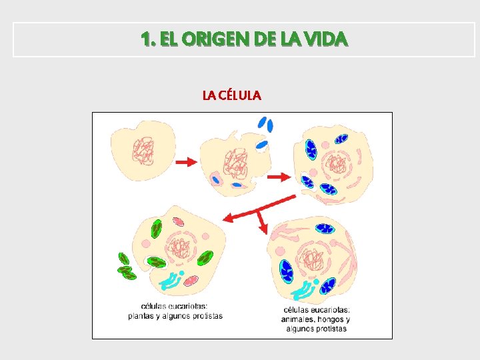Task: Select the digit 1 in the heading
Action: (145, 39)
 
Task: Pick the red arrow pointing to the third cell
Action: (278, 177)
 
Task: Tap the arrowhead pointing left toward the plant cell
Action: (228, 217)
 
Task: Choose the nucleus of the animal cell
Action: (311, 256)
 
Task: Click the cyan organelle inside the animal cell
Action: (305, 291)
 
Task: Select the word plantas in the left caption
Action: (141, 316)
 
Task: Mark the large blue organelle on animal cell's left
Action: (287, 270)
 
